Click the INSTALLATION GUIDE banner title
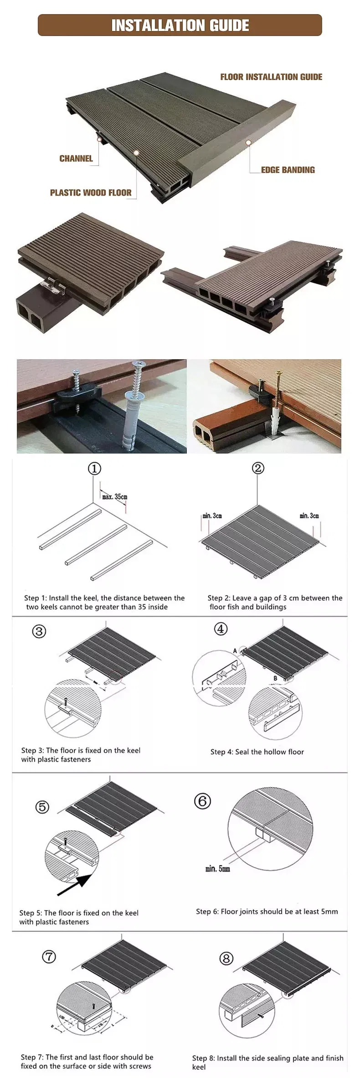pyautogui.click(x=180, y=25)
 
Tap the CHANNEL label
pyautogui.click(x=76, y=159)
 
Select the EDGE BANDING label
pyautogui.click(x=288, y=170)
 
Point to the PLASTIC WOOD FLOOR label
pyautogui.click(x=91, y=193)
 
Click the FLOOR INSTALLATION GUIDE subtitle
pyautogui.click(x=271, y=77)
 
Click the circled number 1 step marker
pyautogui.click(x=94, y=469)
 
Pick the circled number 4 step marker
pyautogui.click(x=221, y=629)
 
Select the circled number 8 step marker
pyautogui.click(x=226, y=959)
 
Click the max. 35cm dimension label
pyautogui.click(x=115, y=496)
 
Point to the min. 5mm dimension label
pyautogui.click(x=217, y=869)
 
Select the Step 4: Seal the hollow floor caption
pyautogui.click(x=257, y=752)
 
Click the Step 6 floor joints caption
pyautogui.click(x=267, y=911)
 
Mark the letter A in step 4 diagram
pyautogui.click(x=235, y=651)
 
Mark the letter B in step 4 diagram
pyautogui.click(x=275, y=678)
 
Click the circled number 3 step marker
pyautogui.click(x=39, y=631)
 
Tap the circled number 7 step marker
pyautogui.click(x=49, y=956)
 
